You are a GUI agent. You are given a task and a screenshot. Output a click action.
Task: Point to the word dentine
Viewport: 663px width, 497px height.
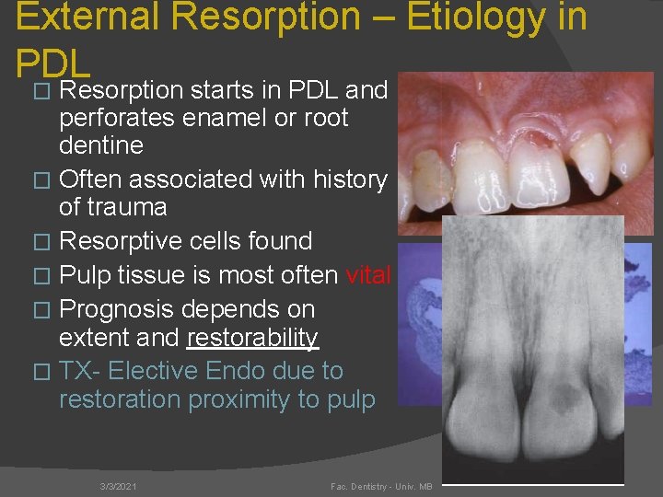coord(101,145)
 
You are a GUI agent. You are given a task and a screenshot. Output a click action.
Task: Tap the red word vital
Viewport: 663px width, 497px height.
coord(368,275)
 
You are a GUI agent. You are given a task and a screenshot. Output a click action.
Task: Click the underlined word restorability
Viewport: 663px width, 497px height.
coord(252,338)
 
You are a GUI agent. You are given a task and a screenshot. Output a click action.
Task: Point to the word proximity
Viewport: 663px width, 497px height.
coord(268,399)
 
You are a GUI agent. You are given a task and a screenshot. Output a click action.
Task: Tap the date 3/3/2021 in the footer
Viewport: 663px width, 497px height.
coord(119,485)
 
